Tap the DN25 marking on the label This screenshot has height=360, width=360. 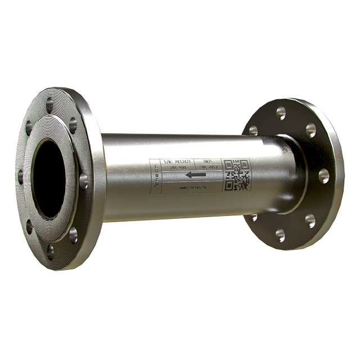(x=209, y=162)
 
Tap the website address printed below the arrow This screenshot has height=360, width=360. (x=193, y=186)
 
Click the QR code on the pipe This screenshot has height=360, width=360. (x=237, y=175)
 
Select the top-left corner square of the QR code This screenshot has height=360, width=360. (x=228, y=164)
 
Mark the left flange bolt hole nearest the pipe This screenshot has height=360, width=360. (x=83, y=181)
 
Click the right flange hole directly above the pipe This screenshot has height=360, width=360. (x=253, y=130)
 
